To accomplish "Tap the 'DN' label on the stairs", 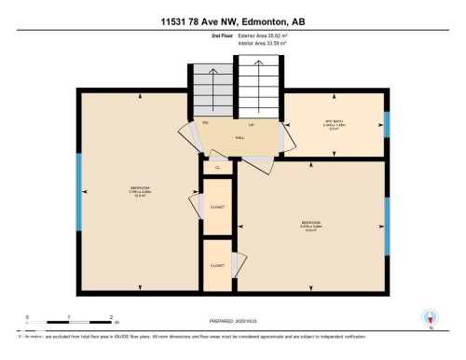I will point(205,123).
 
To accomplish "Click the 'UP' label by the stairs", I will point(250,123).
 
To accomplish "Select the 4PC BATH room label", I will point(335,123).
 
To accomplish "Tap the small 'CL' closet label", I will point(216,168).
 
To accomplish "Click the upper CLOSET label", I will point(216,206).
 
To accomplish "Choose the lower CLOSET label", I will point(216,265).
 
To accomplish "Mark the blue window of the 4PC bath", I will point(387,124).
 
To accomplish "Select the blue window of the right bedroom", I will point(387,225).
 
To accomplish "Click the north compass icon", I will point(431,318).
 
